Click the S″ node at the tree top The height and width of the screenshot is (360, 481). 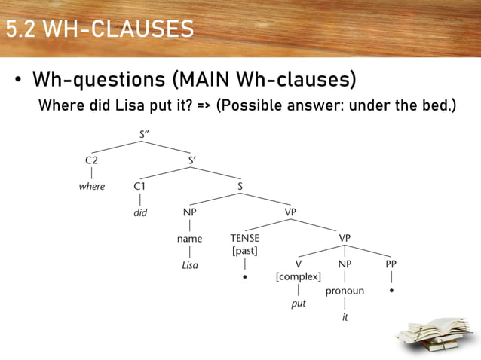144,135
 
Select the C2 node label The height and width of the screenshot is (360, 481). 91,160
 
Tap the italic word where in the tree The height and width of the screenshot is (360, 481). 92,186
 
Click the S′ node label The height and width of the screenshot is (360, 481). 193,160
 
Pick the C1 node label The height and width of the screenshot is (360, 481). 140,186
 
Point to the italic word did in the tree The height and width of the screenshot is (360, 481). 140,212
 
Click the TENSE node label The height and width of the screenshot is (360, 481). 245,239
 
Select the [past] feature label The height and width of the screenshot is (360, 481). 245,250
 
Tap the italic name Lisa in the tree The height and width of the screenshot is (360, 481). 190,265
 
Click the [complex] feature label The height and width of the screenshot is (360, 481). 299,276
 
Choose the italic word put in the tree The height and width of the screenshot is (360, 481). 299,304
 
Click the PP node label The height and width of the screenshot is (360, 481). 391,264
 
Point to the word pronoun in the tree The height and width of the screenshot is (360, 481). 345,291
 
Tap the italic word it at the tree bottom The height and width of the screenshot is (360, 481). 345,317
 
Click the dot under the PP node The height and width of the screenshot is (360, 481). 391,289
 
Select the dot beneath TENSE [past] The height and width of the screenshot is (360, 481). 245,276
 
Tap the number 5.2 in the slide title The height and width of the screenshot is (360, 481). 21,29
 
